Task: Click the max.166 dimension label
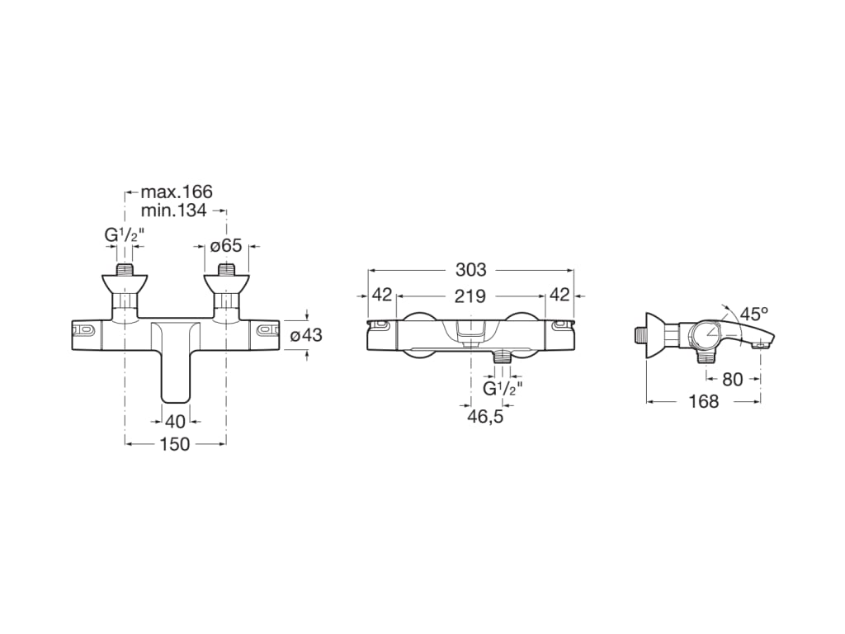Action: pos(176,192)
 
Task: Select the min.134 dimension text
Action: pos(173,211)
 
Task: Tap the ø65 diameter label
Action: pos(225,245)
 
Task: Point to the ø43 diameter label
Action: pos(305,335)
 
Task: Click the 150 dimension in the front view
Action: pos(174,444)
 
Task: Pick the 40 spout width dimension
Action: pos(174,422)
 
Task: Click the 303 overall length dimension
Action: pos(470,270)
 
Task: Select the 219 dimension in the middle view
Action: pos(470,296)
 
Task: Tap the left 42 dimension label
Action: pos(382,296)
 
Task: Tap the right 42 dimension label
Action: pos(559,296)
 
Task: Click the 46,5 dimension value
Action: pos(485,416)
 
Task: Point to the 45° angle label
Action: pos(753,315)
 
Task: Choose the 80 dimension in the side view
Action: pos(732,380)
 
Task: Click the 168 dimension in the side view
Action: pos(703,402)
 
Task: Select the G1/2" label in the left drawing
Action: pos(125,236)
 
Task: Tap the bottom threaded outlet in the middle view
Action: pos(502,357)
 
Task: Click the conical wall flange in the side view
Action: pos(656,335)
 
